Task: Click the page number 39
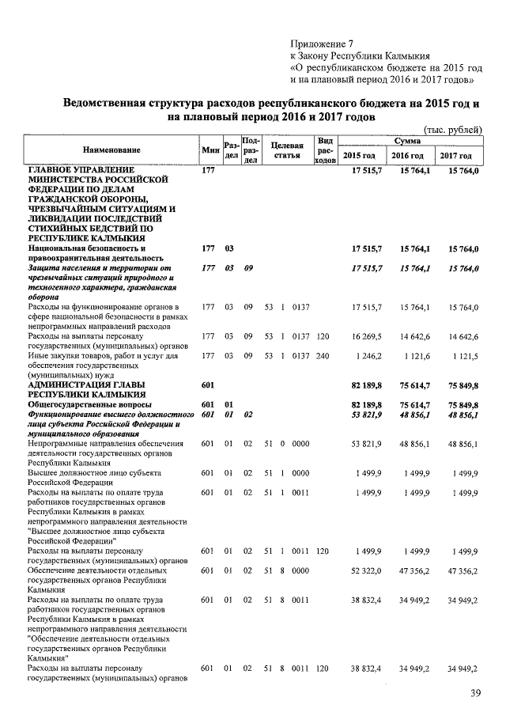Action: [474, 693]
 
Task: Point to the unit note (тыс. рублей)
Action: [452, 130]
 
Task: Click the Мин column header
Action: [210, 150]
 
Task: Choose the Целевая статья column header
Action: [286, 150]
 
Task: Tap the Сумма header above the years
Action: [411, 140]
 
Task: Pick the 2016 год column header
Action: [411, 156]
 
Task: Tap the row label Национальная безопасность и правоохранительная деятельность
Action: [95, 253]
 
